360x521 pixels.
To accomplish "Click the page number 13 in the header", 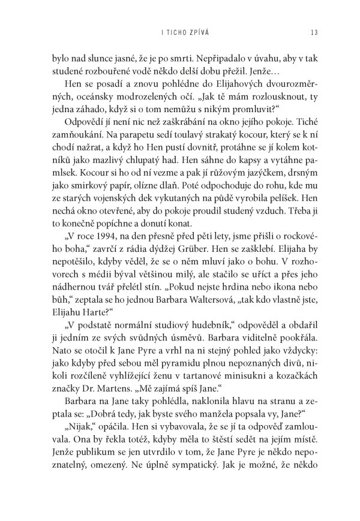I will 307,32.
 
